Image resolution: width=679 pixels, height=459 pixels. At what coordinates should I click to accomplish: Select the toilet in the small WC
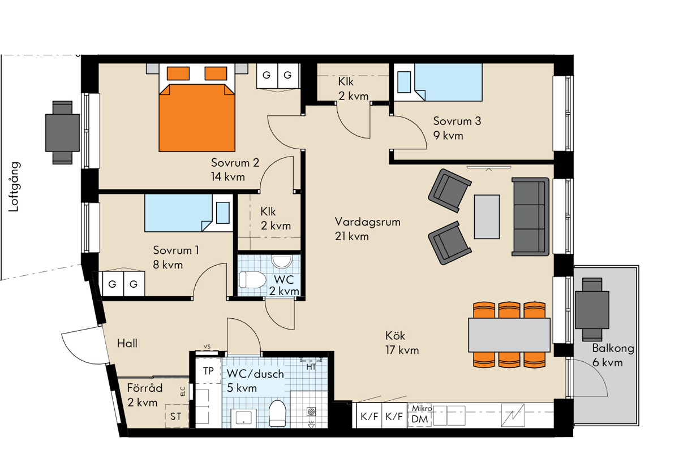[252, 279]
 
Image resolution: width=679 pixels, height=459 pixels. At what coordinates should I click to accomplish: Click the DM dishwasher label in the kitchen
[420, 419]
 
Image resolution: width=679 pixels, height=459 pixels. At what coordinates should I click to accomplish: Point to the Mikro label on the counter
[422, 408]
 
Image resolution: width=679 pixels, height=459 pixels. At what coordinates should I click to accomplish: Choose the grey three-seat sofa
[531, 217]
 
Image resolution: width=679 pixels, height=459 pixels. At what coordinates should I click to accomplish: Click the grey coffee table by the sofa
[487, 217]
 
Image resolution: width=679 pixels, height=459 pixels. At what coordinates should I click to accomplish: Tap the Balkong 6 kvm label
[613, 355]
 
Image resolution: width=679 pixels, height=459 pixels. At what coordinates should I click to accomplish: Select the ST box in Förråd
[176, 416]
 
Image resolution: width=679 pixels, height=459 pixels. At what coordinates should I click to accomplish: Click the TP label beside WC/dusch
[208, 371]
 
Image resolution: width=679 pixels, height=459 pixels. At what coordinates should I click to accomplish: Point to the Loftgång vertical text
[14, 187]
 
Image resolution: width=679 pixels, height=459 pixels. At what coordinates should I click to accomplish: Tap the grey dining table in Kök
[509, 335]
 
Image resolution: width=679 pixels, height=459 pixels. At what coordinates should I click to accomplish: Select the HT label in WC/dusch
[311, 367]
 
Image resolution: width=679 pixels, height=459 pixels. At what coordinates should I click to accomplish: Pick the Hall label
[127, 343]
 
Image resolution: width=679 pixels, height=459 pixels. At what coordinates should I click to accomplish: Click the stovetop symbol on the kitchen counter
[513, 415]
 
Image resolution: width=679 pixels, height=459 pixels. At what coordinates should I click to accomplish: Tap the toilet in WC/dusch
[277, 414]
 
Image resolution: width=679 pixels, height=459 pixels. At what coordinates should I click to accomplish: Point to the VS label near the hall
[207, 347]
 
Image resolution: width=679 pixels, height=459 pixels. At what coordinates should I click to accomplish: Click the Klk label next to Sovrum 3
[346, 82]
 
